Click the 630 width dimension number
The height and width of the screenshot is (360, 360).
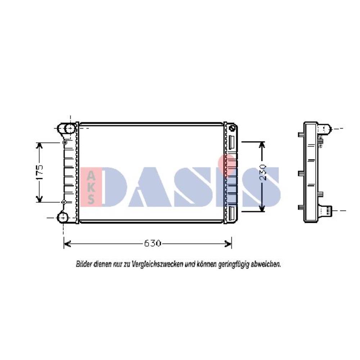tap(152, 244)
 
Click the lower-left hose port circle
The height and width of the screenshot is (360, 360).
tap(63, 217)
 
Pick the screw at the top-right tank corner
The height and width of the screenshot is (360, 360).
tap(233, 127)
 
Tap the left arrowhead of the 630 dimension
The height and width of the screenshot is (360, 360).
tap(67, 244)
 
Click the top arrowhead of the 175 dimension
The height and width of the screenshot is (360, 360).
tap(40, 145)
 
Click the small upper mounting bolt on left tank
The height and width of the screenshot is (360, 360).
tap(65, 143)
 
